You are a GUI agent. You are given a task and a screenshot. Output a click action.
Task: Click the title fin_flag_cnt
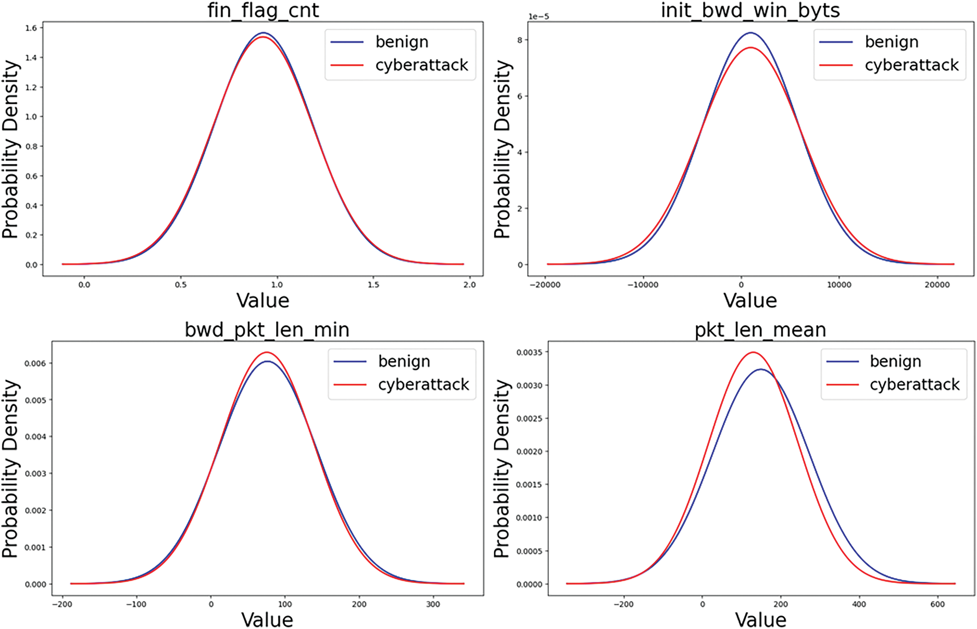click(x=263, y=11)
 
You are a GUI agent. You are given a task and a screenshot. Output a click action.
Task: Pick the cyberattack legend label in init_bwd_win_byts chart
click(x=912, y=65)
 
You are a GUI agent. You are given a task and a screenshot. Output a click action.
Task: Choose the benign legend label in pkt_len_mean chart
click(x=895, y=362)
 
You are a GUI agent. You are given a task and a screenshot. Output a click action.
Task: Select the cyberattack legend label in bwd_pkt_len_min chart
click(x=424, y=384)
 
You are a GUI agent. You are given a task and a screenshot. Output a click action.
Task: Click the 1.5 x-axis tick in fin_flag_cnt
click(x=373, y=285)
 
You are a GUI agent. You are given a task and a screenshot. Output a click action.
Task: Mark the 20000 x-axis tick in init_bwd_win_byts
click(x=937, y=285)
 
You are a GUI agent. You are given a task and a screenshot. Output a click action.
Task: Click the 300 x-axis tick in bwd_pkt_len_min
click(x=433, y=604)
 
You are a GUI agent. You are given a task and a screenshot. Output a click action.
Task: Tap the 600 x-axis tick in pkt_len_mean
click(x=937, y=604)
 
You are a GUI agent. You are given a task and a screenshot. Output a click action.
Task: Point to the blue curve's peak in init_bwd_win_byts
click(x=751, y=33)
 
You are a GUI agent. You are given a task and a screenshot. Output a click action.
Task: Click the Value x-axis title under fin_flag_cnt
click(x=263, y=301)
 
